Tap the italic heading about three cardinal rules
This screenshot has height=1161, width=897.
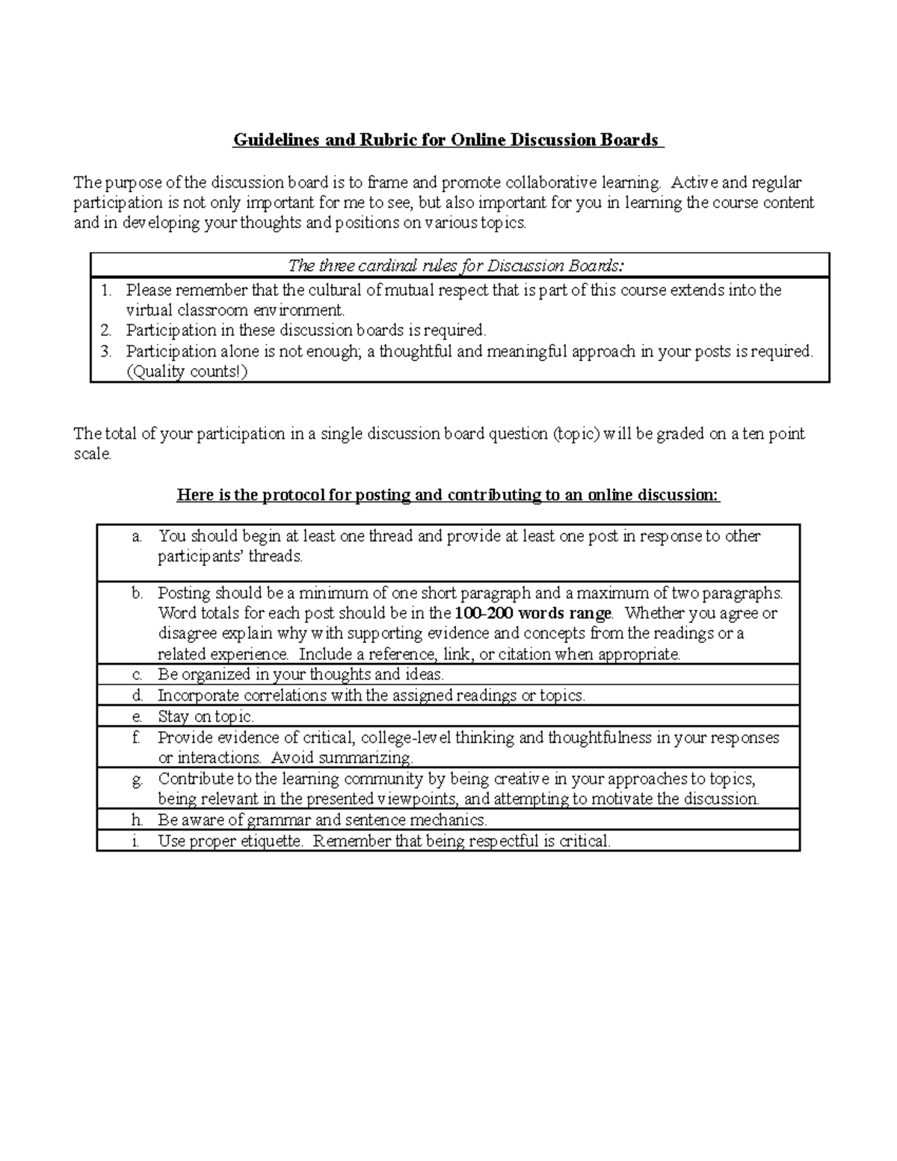click(456, 265)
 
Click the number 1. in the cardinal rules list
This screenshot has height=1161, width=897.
click(106, 290)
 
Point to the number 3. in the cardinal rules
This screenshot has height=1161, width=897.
click(106, 351)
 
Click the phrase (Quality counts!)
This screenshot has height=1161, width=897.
click(186, 372)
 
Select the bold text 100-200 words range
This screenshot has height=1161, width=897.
click(534, 614)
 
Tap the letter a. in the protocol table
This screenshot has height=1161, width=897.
click(136, 536)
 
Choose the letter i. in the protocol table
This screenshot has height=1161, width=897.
click(135, 841)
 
